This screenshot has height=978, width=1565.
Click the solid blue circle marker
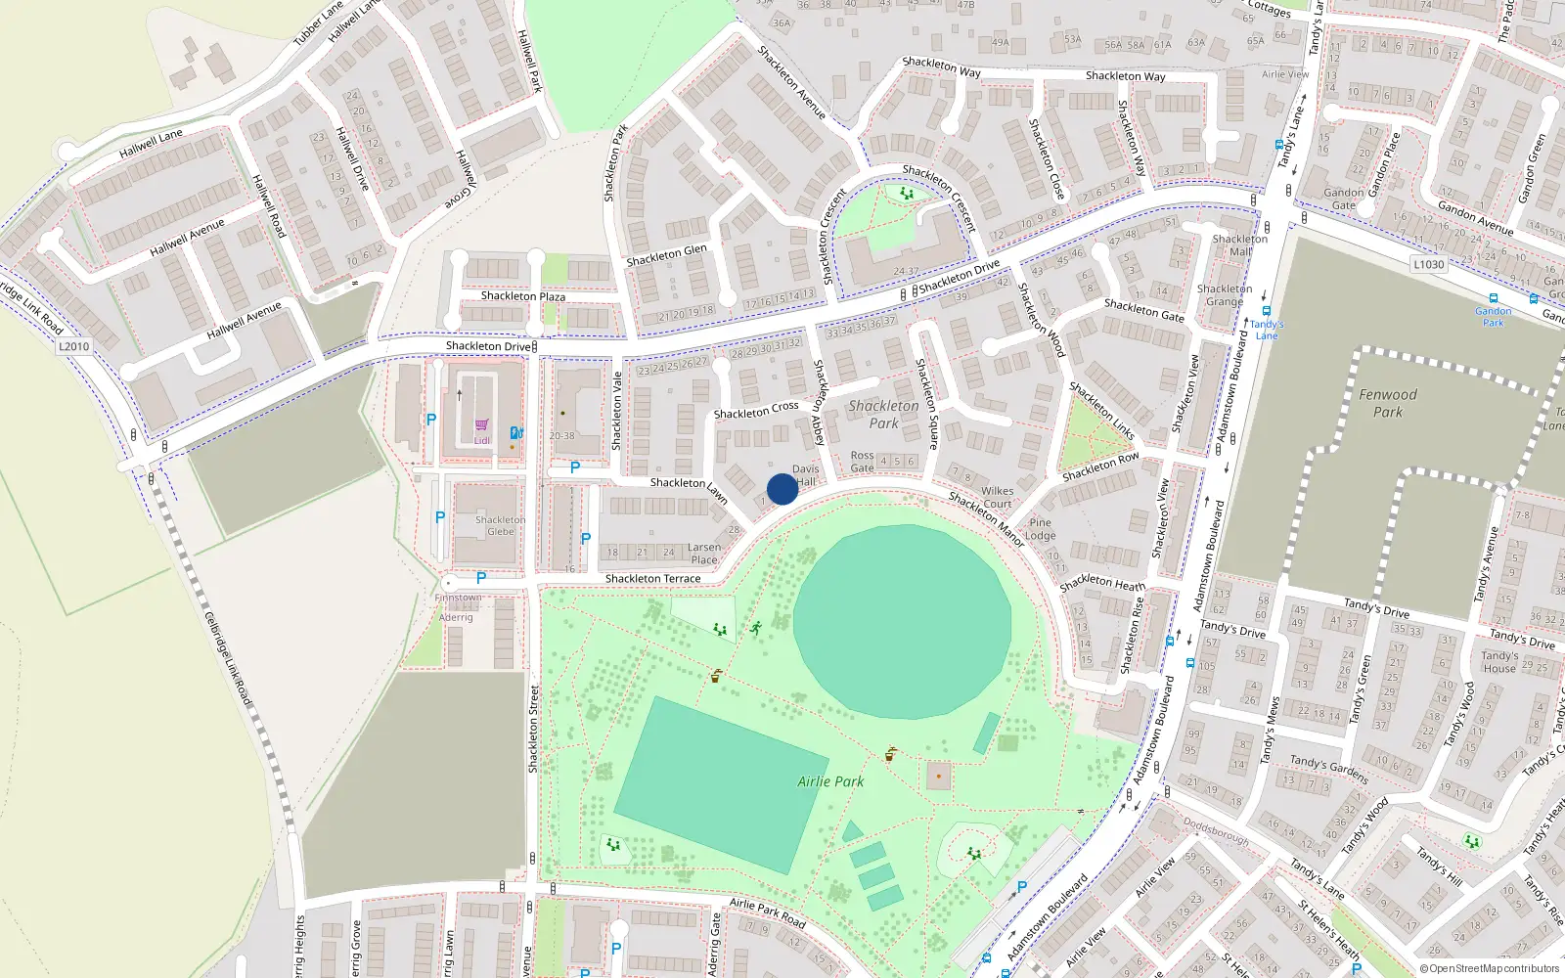pos(782,489)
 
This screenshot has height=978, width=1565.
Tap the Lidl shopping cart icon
pos(481,425)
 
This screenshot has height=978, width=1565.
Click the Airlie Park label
pos(830,781)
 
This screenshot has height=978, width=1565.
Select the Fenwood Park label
pos(1387,403)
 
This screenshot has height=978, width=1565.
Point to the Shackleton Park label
pos(883,415)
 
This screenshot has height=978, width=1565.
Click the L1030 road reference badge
pos(1429,264)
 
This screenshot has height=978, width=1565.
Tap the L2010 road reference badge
pos(73,346)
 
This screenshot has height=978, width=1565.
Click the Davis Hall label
pos(806,475)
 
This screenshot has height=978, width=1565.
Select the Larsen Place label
pos(704,554)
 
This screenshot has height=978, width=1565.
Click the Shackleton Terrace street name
pos(652,579)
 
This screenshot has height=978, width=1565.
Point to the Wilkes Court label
pos(997,498)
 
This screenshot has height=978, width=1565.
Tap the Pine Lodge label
pos(1040,529)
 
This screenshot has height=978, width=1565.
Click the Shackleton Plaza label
pos(522,296)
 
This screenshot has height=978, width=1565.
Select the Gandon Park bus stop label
pos(1493,317)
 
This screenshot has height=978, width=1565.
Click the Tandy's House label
pos(1498,662)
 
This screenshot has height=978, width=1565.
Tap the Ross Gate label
pos(862,462)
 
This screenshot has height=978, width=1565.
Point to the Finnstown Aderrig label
pos(457,607)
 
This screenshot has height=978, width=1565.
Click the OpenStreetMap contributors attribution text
pos(1489,968)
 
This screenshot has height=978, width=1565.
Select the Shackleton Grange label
pos(1224,295)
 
